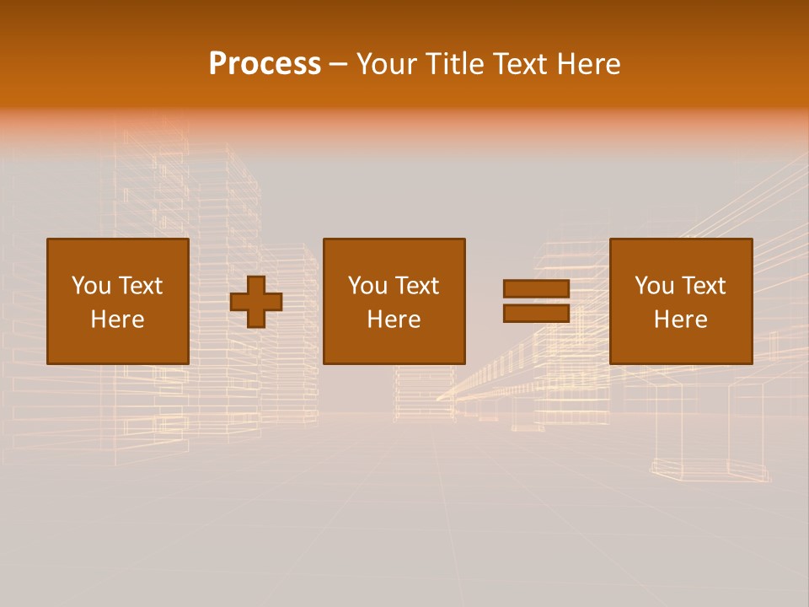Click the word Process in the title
coord(265,64)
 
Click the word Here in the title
coord(589,64)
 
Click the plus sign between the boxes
coord(256,302)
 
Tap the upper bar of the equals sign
coord(536,289)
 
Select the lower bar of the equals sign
coord(536,314)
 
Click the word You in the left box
coord(90,286)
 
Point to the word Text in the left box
coord(139,286)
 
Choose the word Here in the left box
coord(117,320)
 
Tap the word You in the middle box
coord(367,286)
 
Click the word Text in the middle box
coord(415,286)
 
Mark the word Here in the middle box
coord(394,320)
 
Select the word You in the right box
coord(653,286)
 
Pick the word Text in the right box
coord(702,286)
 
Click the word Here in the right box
coord(680,320)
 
